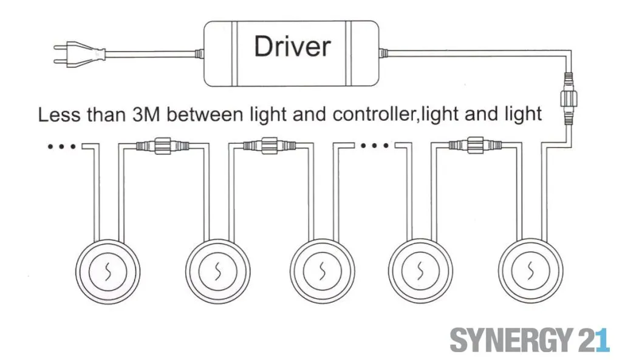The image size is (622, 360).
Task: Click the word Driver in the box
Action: coord(292,47)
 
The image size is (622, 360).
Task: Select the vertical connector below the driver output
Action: coord(568,100)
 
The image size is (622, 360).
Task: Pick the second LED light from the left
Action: coord(217,270)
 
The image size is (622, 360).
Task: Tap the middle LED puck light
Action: coord(321,270)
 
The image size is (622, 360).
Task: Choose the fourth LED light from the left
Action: coord(419,270)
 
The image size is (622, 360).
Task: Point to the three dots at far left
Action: coord(61,146)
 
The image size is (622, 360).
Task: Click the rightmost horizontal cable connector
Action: coord(476,146)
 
